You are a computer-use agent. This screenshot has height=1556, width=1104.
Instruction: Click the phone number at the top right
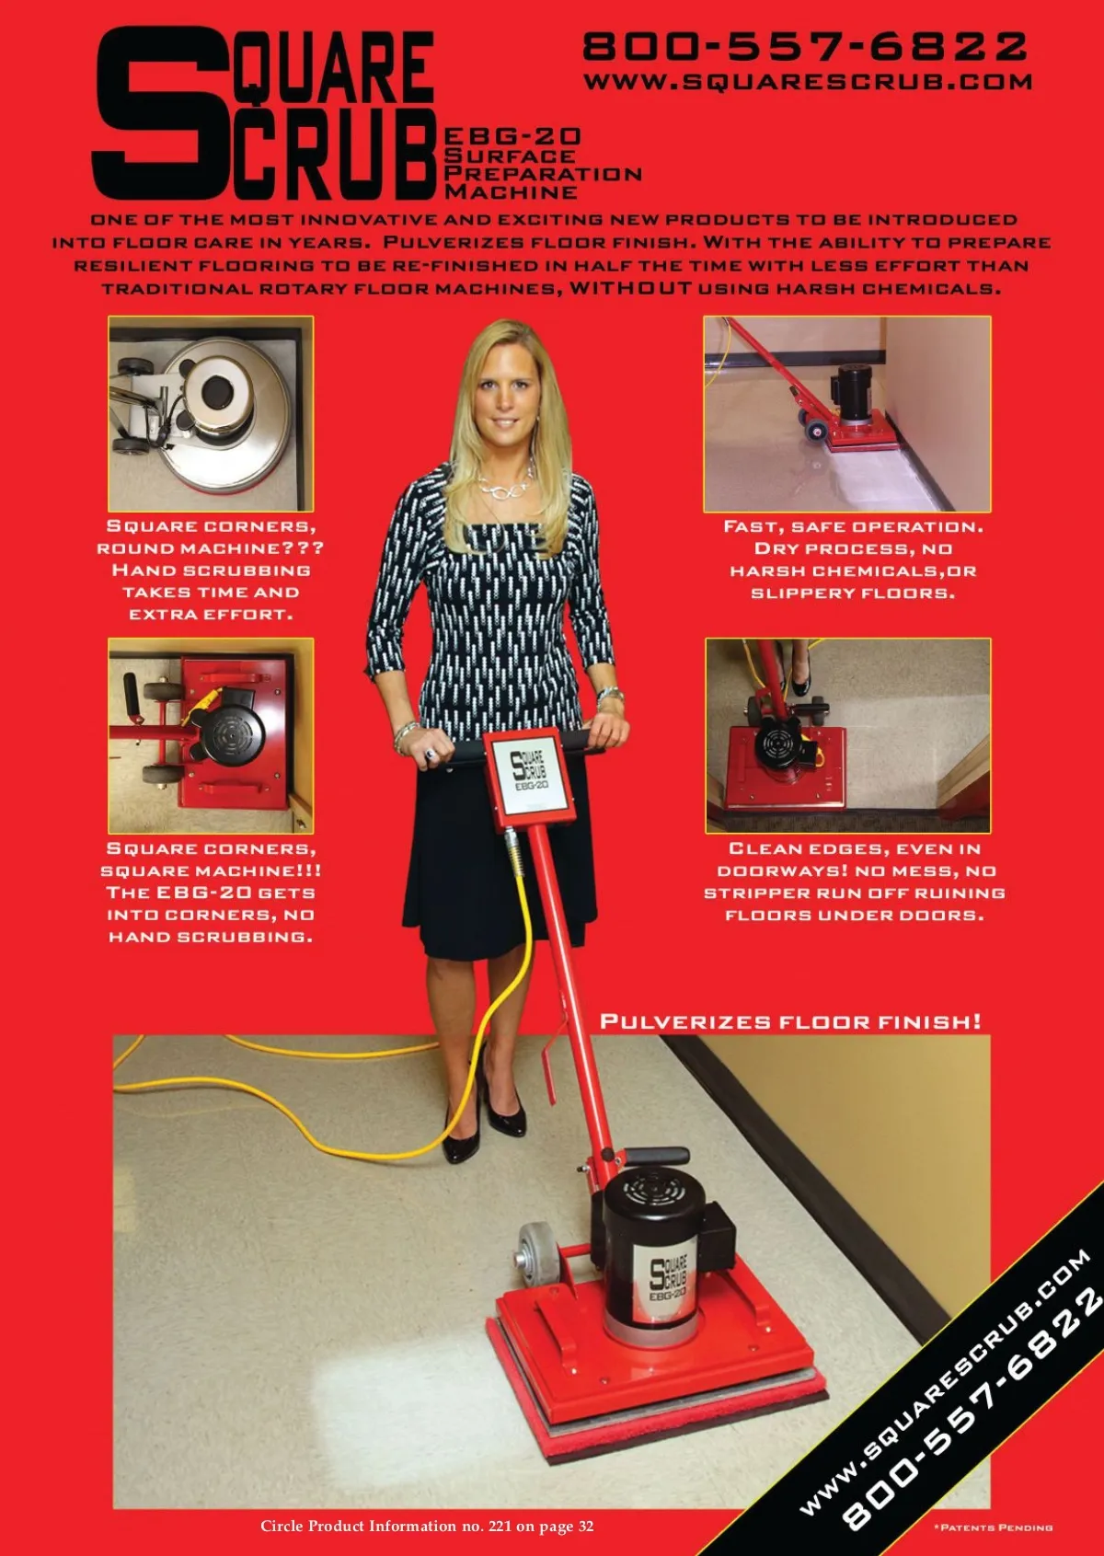point(805,47)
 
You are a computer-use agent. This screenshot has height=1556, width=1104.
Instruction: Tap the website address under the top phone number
point(808,82)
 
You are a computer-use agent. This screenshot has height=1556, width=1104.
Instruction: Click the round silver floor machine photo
point(211,413)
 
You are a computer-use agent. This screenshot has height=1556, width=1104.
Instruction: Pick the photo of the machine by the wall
point(847,414)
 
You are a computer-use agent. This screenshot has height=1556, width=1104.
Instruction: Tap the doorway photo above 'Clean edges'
point(848,735)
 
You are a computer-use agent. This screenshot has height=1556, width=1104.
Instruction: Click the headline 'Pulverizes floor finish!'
point(791,1021)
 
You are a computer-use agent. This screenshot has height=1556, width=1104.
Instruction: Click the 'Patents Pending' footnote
point(993,1527)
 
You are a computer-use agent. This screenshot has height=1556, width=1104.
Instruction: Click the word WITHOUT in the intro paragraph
point(630,288)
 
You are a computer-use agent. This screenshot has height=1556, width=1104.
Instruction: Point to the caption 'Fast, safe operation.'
point(854,526)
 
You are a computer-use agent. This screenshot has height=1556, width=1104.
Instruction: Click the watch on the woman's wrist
point(609,695)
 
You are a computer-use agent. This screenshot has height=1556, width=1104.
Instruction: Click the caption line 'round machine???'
point(211,548)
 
